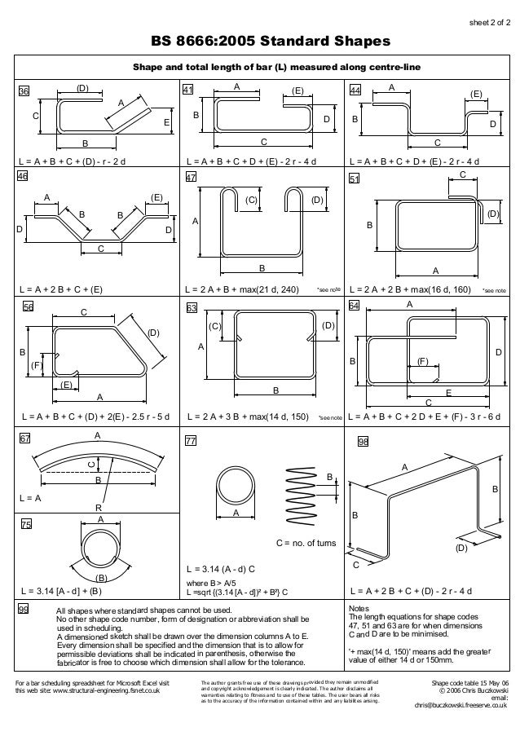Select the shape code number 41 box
pyautogui.click(x=188, y=91)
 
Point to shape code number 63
pyautogui.click(x=192, y=308)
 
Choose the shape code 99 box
pyautogui.click(x=24, y=610)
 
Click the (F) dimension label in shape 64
pyautogui.click(x=423, y=359)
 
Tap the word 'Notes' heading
pyautogui.click(x=359, y=609)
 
